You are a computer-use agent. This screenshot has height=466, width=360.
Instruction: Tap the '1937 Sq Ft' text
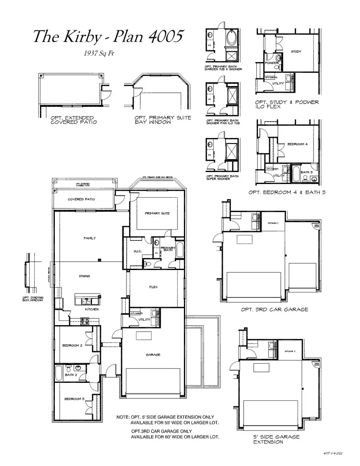click(x=98, y=53)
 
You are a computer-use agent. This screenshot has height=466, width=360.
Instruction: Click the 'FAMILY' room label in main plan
click(x=90, y=238)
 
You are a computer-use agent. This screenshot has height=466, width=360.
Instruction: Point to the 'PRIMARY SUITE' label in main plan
click(x=157, y=213)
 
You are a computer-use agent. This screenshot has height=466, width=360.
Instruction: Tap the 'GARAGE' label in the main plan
click(x=153, y=354)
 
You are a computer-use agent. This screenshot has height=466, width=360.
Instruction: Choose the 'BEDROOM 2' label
click(x=72, y=345)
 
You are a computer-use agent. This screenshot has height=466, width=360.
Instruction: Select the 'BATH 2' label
click(x=71, y=375)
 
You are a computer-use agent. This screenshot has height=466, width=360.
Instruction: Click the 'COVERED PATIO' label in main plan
click(x=81, y=199)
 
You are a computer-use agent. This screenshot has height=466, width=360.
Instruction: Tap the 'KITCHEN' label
click(x=92, y=309)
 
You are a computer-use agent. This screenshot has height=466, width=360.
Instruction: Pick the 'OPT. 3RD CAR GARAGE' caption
click(x=274, y=309)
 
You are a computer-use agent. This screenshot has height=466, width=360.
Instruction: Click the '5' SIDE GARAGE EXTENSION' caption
click(x=276, y=439)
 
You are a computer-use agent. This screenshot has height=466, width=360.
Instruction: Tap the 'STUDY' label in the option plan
click(x=296, y=52)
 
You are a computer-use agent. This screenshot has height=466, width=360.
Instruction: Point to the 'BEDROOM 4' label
click(x=297, y=144)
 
